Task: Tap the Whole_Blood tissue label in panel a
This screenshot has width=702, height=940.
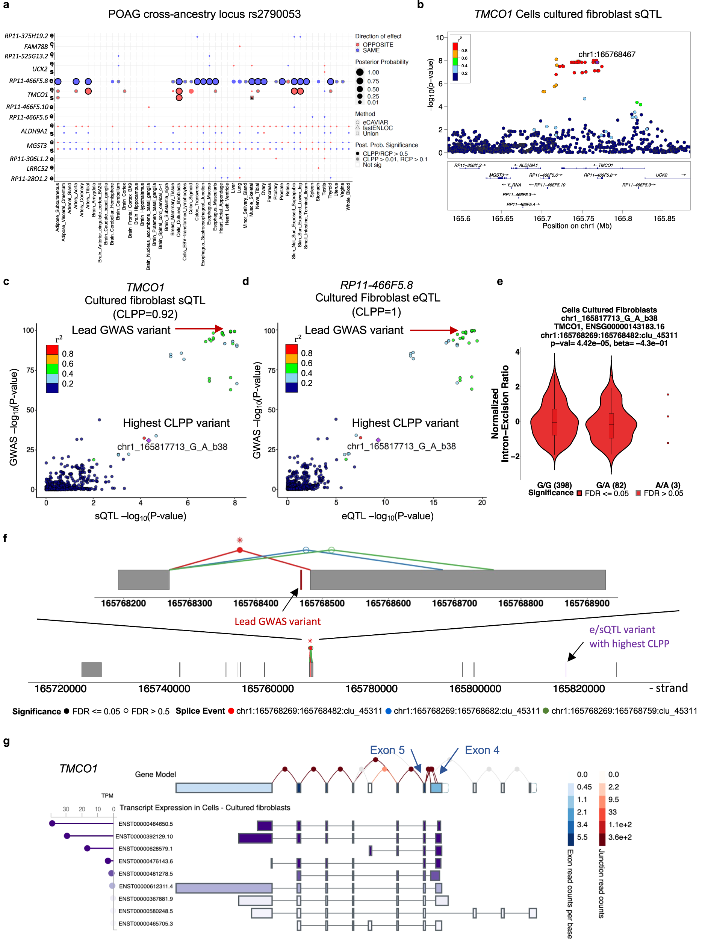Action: (x=348, y=196)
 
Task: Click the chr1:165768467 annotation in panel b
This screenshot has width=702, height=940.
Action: (x=606, y=55)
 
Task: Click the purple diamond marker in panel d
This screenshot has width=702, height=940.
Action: (x=378, y=440)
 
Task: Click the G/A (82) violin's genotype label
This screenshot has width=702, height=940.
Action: (x=611, y=485)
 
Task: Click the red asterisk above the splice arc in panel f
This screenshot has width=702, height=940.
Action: (x=239, y=540)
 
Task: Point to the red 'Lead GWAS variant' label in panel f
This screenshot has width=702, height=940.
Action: (x=277, y=621)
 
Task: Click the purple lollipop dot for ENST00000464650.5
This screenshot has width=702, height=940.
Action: (x=52, y=823)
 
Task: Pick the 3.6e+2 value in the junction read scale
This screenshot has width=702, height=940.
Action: (x=620, y=837)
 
